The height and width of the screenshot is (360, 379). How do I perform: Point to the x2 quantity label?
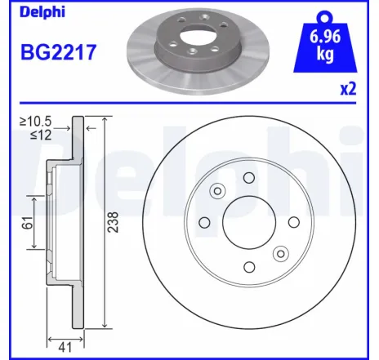(348, 90)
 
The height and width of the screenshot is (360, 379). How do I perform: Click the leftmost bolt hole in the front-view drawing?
(205, 222)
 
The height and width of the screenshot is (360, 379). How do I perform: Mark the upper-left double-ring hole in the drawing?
(217, 191)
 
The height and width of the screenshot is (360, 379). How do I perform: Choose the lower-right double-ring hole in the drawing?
(281, 253)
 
